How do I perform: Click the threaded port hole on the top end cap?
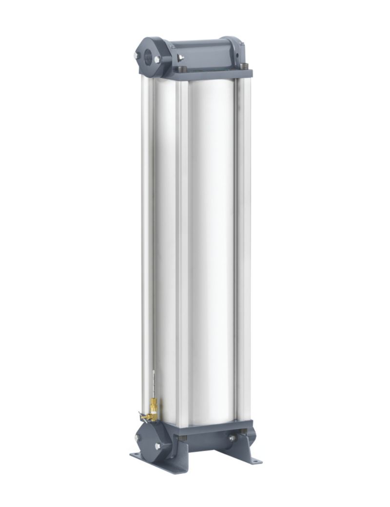[x=147, y=53]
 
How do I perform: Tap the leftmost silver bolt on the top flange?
[x=136, y=56]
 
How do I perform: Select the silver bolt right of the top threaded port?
[x=157, y=59]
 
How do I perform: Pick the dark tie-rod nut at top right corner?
[x=245, y=66]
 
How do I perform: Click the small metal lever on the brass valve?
[x=142, y=416]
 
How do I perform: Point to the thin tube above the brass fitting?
[x=152, y=385]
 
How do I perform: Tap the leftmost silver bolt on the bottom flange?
[x=138, y=437]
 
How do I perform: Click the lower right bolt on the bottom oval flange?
[x=157, y=446]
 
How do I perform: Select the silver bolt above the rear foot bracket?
[x=232, y=438]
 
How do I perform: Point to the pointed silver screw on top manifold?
[x=181, y=58]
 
